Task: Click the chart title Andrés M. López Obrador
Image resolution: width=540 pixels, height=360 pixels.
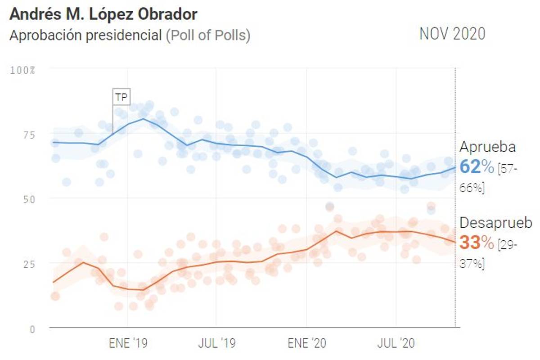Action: coord(103,14)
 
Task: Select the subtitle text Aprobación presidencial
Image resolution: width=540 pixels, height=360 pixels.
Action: coord(85,36)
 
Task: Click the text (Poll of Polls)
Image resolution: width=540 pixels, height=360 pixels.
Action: coord(208,36)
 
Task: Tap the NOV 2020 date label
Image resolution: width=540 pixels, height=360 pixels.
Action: coord(452,34)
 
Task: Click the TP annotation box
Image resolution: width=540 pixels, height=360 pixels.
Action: coord(121,96)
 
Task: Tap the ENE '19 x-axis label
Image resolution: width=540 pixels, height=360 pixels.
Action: coord(128,344)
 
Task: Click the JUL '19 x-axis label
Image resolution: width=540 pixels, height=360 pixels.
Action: coord(216,344)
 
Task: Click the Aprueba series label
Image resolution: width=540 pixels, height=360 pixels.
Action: coord(487,148)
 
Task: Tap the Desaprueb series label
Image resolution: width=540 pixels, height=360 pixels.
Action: coord(495,223)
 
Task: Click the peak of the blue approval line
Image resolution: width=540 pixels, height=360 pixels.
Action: coord(144,119)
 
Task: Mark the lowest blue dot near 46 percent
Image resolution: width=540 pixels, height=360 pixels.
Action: coord(431,209)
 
